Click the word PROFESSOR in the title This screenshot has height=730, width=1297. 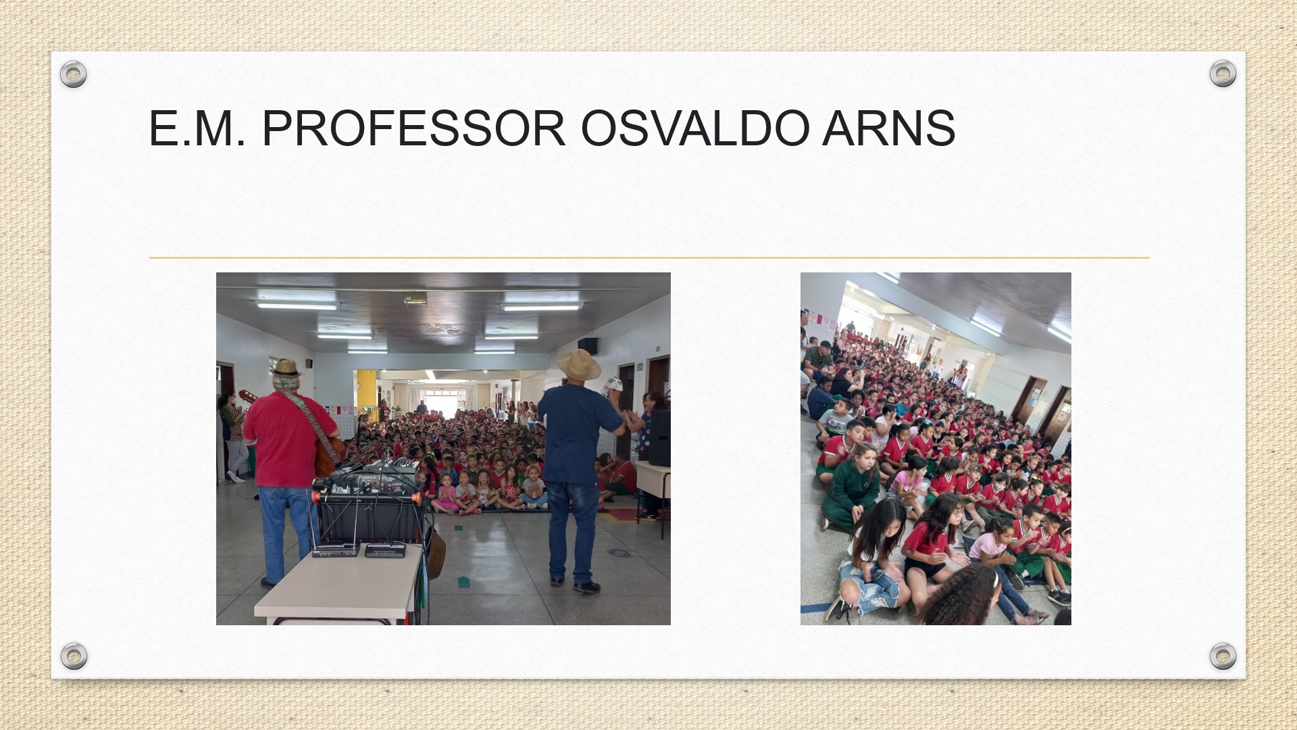413,128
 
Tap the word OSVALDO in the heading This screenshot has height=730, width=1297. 694,128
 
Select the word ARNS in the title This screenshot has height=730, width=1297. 889,128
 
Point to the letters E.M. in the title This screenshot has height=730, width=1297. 197,128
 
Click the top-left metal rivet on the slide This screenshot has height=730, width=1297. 73,74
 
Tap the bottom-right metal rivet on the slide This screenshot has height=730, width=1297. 1223,656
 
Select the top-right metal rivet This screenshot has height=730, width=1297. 1223,73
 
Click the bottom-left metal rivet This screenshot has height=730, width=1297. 74,656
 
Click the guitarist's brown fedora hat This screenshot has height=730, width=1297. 286,368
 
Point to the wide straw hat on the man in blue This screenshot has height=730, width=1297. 579,365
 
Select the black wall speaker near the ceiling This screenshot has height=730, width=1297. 587,345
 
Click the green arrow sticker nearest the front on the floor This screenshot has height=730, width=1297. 464,581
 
